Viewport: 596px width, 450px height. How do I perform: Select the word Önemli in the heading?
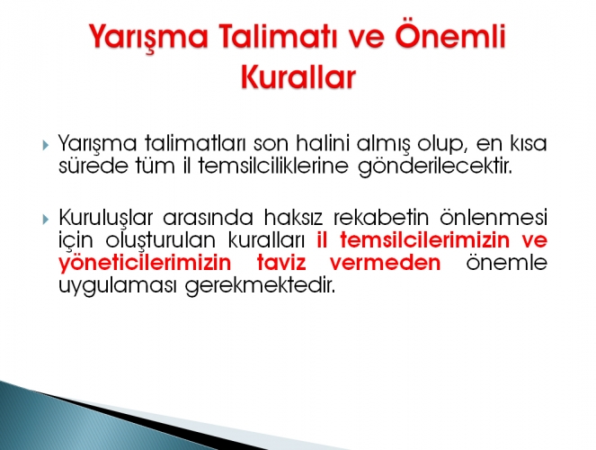click(x=450, y=36)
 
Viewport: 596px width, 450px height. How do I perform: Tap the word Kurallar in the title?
click(x=298, y=77)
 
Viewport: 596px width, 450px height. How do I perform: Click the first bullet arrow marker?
click(x=46, y=145)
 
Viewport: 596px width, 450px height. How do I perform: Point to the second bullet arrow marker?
click(x=46, y=219)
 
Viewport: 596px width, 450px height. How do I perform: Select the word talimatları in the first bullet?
click(x=194, y=143)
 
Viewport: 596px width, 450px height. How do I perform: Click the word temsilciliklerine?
click(x=273, y=166)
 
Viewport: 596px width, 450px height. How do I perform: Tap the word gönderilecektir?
click(x=435, y=167)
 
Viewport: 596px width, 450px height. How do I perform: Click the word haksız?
click(x=293, y=217)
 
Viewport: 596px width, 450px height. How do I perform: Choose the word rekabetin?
click(x=381, y=217)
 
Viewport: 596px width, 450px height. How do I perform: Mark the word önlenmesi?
click(x=494, y=217)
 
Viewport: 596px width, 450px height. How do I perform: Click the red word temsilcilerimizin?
click(x=424, y=239)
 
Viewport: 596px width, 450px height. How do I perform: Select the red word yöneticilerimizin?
click(x=145, y=264)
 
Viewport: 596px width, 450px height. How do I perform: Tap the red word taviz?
click(x=281, y=263)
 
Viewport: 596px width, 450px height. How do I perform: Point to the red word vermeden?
click(x=385, y=263)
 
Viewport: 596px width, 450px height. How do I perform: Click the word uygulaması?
click(x=118, y=286)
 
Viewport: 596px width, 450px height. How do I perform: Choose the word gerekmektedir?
click(x=261, y=286)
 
